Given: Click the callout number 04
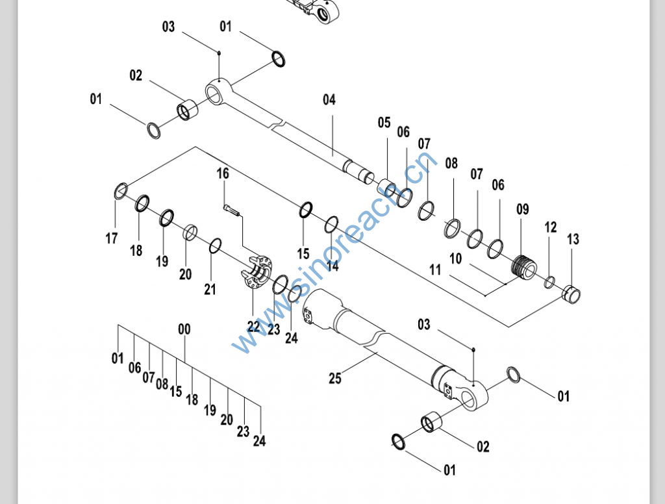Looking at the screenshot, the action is click(329, 100).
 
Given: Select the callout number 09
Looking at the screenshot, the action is click(523, 209).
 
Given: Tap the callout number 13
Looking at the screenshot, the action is click(573, 239).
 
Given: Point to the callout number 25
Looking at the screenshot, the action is click(335, 378).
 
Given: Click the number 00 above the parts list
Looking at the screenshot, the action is click(184, 329).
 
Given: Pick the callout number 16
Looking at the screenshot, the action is click(223, 173).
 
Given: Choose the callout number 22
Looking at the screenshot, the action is click(253, 326).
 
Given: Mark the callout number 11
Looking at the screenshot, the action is click(435, 270).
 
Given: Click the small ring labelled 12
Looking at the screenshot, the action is click(549, 282).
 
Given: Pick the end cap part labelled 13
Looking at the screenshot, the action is click(571, 294).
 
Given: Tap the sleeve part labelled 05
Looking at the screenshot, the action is click(386, 187).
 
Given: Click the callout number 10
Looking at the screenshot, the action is click(455, 258).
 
